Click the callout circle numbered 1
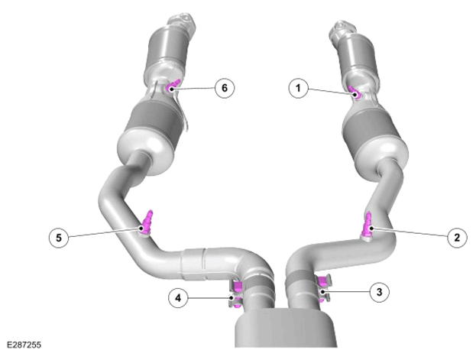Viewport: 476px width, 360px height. pyautogui.click(x=298, y=88)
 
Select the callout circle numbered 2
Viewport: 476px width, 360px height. pyautogui.click(x=457, y=237)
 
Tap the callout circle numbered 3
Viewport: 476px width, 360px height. pyautogui.click(x=380, y=292)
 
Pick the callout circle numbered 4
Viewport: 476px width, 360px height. pyautogui.click(x=178, y=298)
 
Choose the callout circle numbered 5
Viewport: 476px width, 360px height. pyautogui.click(x=59, y=238)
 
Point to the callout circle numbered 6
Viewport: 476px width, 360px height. pyautogui.click(x=225, y=88)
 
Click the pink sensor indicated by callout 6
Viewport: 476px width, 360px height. pyautogui.click(x=173, y=86)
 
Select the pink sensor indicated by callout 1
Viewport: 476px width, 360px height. pyautogui.click(x=353, y=92)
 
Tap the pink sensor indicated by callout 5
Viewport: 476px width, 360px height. pyautogui.click(x=147, y=222)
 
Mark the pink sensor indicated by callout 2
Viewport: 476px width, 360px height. pyautogui.click(x=368, y=225)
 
